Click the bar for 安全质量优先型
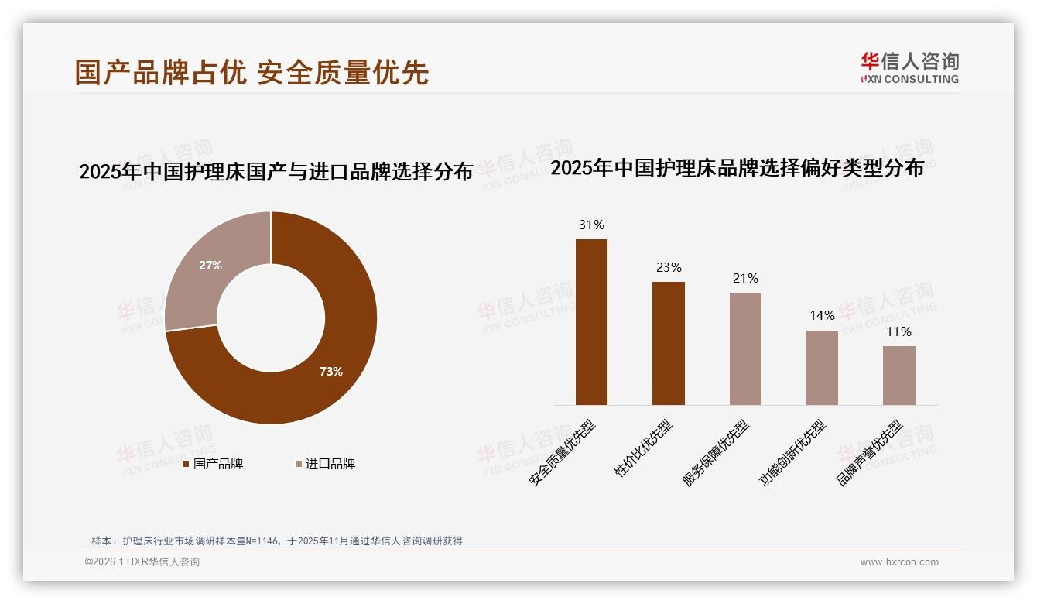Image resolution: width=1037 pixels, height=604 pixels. point(591,322)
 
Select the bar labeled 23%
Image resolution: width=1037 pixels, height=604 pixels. point(668,343)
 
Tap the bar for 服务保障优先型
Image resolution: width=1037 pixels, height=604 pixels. point(745,348)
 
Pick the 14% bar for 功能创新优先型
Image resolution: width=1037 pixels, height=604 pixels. point(822,368)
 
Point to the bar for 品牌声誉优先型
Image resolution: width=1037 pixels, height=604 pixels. point(898,376)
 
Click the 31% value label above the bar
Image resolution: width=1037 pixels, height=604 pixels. point(591,225)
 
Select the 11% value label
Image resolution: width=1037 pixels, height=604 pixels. point(898,331)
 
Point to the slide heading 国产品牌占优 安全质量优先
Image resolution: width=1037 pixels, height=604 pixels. point(252,72)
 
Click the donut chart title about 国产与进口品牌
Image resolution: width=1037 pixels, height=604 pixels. point(276,171)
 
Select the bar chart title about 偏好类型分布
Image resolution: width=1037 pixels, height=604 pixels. point(737,168)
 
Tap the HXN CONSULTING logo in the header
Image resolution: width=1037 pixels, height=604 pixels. point(909,67)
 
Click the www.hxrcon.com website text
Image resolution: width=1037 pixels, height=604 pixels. point(899,562)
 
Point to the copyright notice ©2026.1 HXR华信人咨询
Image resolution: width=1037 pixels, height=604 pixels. point(142,562)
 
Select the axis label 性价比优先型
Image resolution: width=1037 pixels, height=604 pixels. point(643,448)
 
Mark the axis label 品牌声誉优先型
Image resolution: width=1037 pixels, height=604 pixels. point(869,453)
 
